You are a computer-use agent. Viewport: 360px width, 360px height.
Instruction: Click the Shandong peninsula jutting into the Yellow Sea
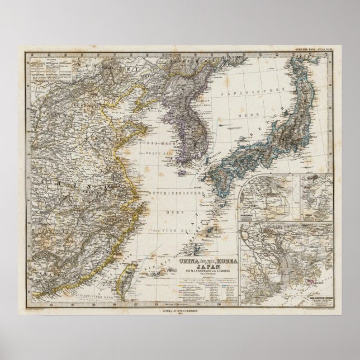coord(134,126)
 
